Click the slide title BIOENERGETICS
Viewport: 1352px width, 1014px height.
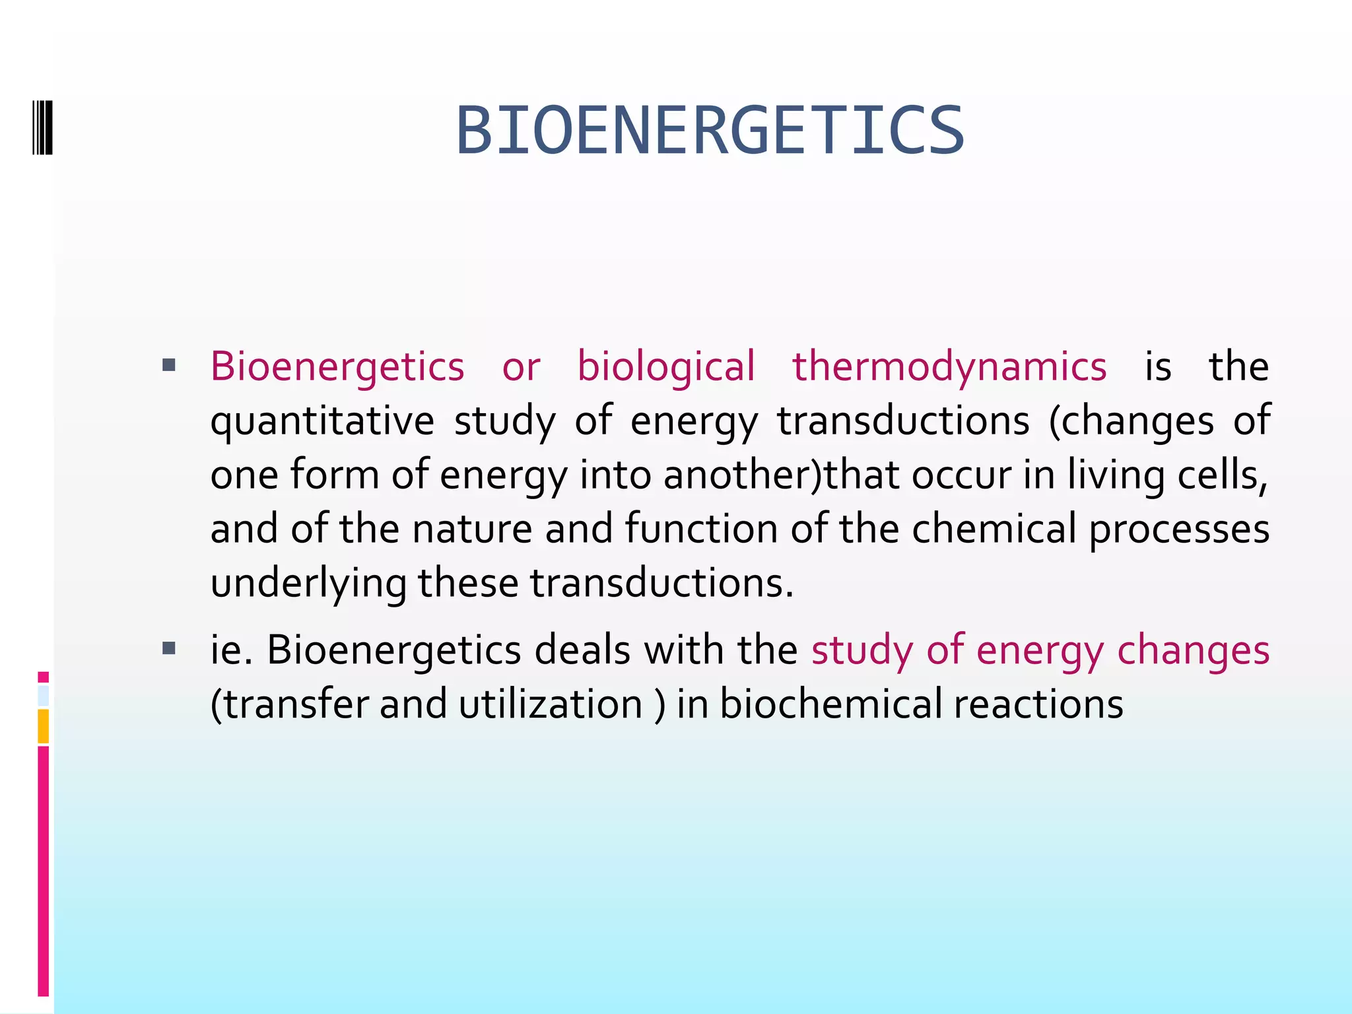[710, 131]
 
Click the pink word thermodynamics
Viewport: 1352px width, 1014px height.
[949, 366]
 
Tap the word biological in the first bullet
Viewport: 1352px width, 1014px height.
[665, 366]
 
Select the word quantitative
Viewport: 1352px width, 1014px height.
[322, 421]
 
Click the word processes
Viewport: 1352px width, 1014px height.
[1179, 529]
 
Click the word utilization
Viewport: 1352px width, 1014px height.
[551, 704]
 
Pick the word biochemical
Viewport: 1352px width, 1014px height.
[830, 704]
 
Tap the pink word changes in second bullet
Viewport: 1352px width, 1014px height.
[1193, 651]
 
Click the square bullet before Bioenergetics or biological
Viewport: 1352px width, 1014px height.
[168, 364]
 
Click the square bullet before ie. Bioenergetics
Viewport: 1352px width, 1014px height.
[168, 648]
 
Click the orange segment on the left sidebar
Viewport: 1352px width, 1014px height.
[43, 726]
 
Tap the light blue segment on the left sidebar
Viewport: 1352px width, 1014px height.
[43, 696]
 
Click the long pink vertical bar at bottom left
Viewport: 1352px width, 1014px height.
[43, 871]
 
